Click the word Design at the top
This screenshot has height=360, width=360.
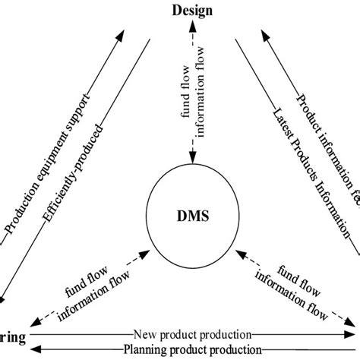(x=191, y=9)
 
